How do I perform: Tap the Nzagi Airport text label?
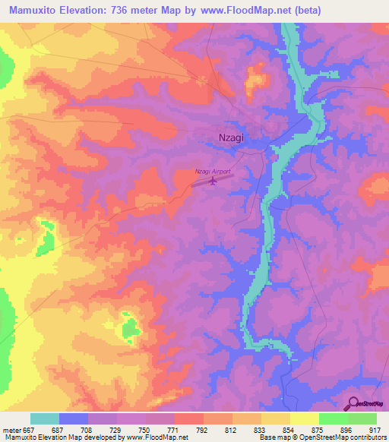[x=212, y=171]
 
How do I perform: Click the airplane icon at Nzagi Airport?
[x=213, y=181]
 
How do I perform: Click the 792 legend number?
[x=202, y=430]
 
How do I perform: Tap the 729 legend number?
[x=115, y=430]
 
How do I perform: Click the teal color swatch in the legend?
[x=45, y=418]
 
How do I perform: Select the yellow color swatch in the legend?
[x=304, y=418]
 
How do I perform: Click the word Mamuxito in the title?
[x=33, y=11]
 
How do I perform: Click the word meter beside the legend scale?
[x=13, y=430]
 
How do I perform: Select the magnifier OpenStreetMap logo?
[x=353, y=403]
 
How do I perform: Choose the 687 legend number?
[x=57, y=430]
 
